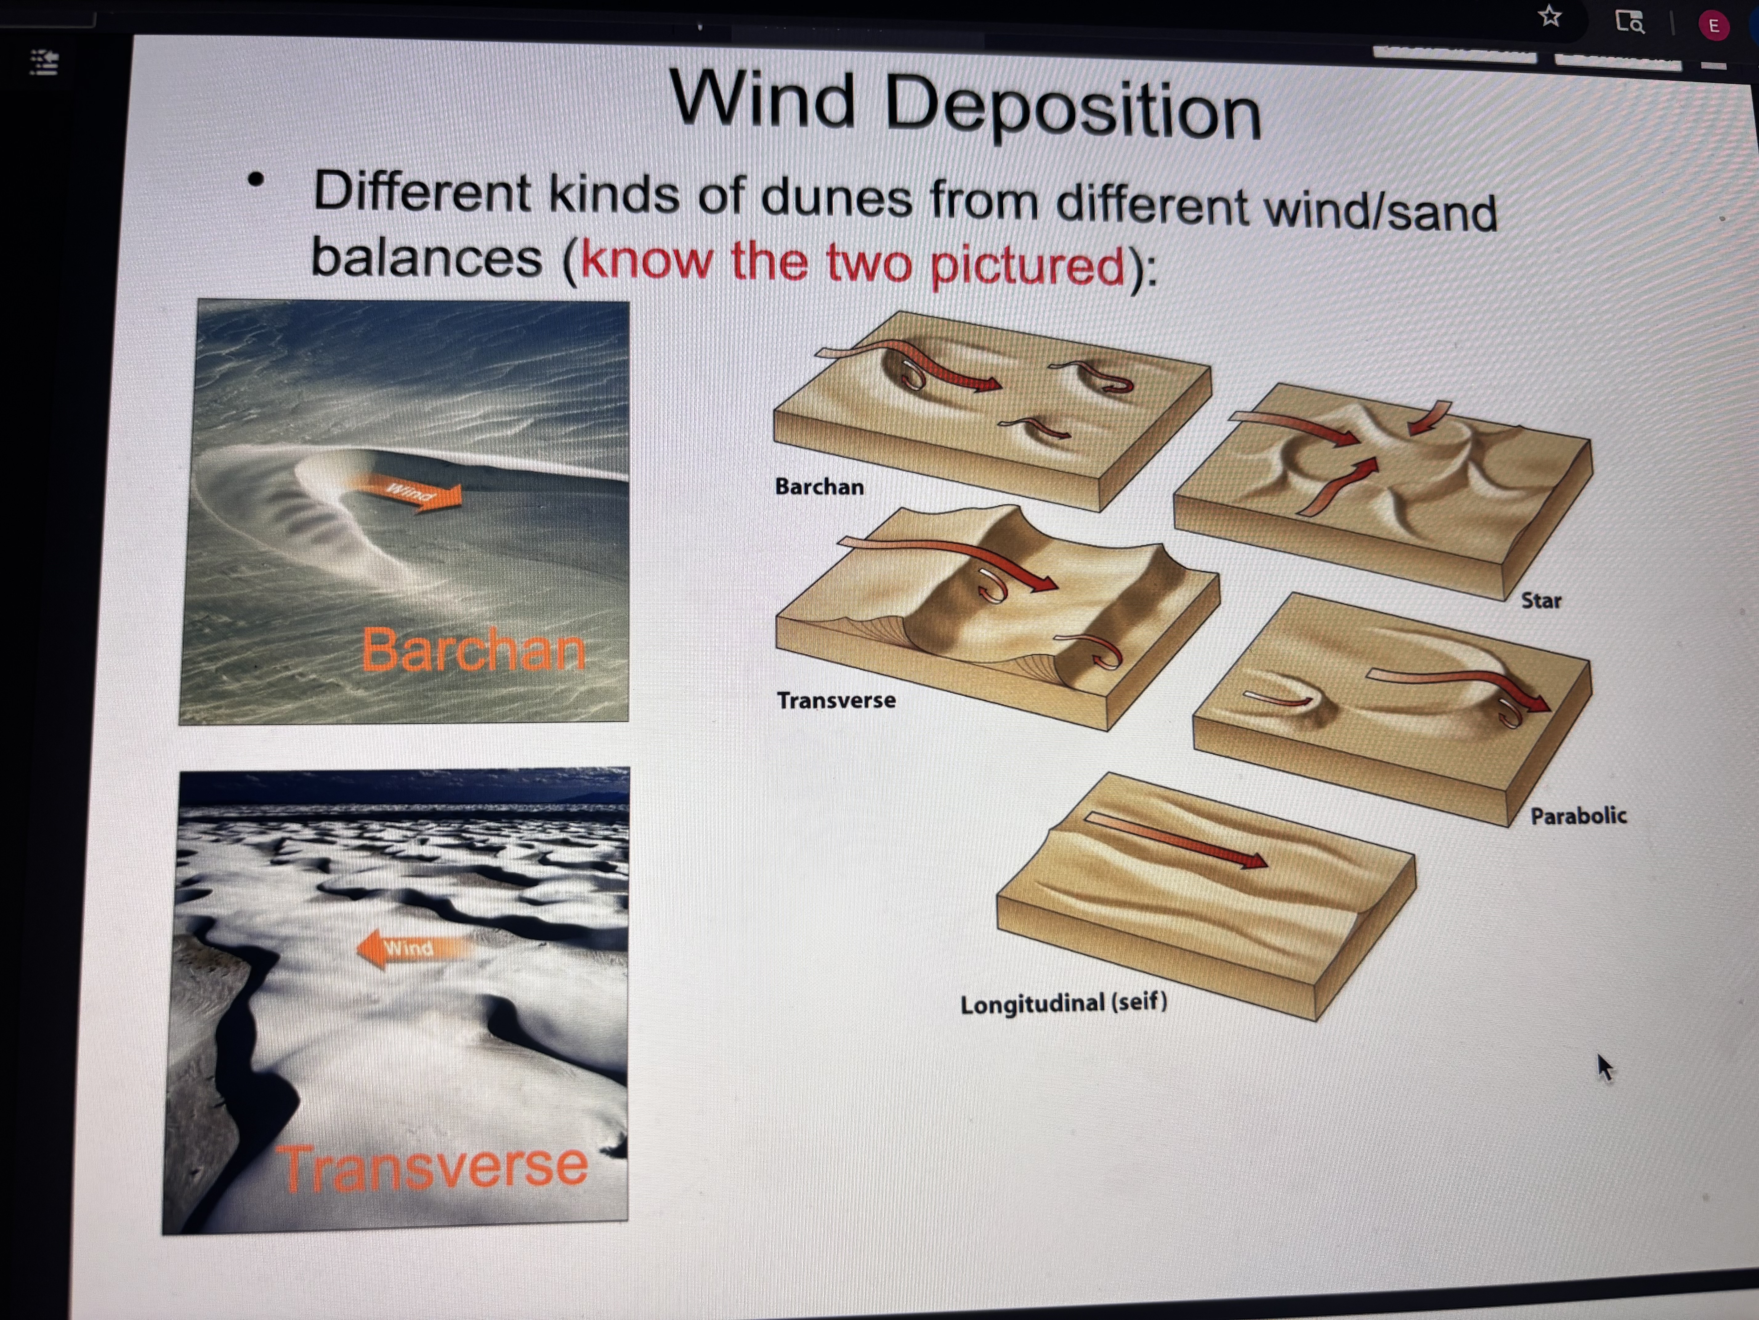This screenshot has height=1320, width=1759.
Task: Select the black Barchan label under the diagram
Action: [x=819, y=486]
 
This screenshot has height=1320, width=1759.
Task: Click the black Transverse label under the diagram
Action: [x=836, y=700]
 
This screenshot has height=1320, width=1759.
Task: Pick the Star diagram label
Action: [x=1540, y=601]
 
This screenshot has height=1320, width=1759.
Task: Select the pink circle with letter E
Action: [x=1714, y=26]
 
